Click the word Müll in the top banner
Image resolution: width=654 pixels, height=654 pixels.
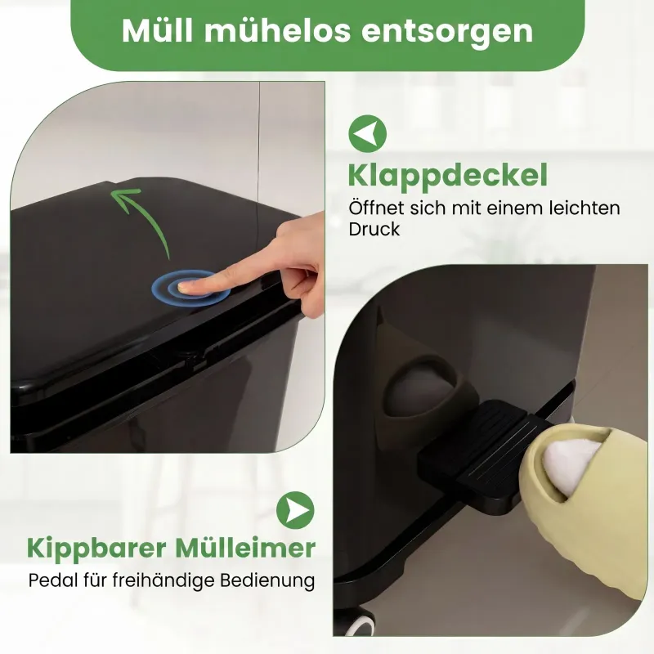[x=158, y=30]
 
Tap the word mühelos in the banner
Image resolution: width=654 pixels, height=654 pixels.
[x=277, y=30]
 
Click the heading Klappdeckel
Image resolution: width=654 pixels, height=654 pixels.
[x=447, y=177]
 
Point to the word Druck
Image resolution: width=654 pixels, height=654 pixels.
[x=374, y=230]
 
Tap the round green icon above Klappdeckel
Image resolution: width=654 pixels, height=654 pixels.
[x=367, y=133]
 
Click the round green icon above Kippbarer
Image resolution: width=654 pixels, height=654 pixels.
[x=295, y=510]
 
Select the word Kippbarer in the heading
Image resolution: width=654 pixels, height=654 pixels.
[x=96, y=549]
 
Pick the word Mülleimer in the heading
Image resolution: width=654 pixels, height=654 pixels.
[x=245, y=548]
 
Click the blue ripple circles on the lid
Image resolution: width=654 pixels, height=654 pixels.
[x=190, y=288]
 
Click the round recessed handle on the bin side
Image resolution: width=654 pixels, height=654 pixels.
[x=424, y=387]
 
